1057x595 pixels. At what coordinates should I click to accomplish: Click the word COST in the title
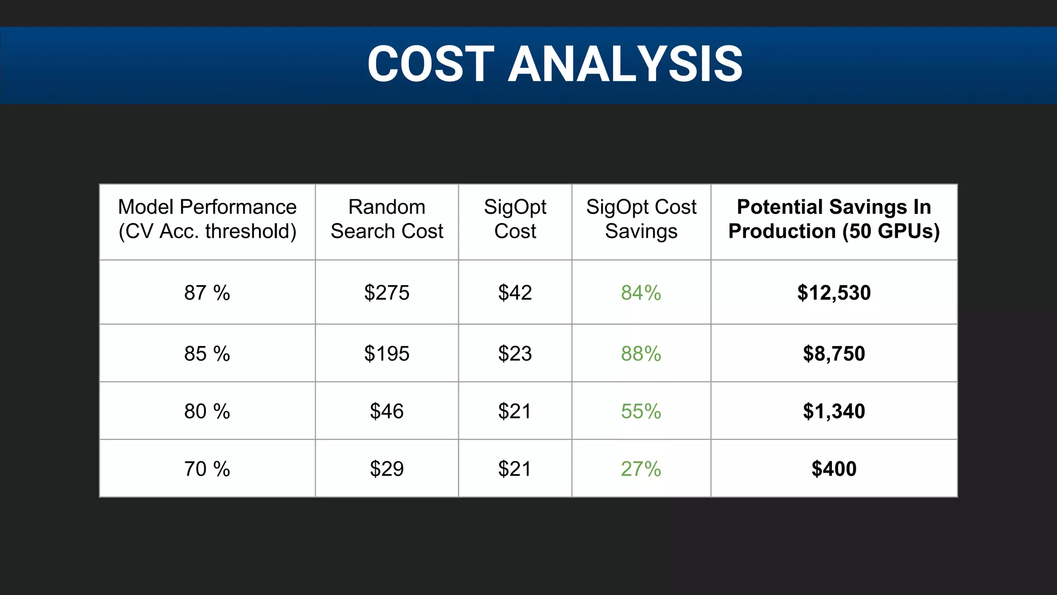point(430,64)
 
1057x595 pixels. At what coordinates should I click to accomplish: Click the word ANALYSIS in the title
point(626,64)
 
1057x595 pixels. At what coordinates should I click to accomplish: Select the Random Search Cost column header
point(387,219)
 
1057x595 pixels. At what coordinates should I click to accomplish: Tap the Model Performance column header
point(207,219)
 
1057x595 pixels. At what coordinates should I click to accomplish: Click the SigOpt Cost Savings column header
point(641,219)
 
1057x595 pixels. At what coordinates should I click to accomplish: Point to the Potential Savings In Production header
point(834,219)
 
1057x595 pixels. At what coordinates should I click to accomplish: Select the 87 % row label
point(207,293)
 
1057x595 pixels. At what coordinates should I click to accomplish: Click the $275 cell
point(387,293)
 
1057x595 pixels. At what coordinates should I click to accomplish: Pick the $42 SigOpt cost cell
point(515,293)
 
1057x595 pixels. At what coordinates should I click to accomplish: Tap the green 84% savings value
point(641,293)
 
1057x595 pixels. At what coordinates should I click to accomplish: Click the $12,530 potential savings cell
point(834,293)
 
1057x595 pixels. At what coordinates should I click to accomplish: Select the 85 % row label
point(207,354)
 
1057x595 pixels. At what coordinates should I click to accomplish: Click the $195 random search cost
point(387,354)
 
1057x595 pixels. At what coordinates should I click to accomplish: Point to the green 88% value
point(641,354)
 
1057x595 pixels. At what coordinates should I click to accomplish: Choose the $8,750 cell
point(834,354)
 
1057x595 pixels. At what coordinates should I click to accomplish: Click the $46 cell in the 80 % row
point(387,412)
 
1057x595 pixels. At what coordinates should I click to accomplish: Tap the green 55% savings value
point(641,412)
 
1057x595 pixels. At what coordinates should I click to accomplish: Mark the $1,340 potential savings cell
point(834,412)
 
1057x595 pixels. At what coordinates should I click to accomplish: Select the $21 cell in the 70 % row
point(515,469)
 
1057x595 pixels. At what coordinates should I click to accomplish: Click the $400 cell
point(834,469)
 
